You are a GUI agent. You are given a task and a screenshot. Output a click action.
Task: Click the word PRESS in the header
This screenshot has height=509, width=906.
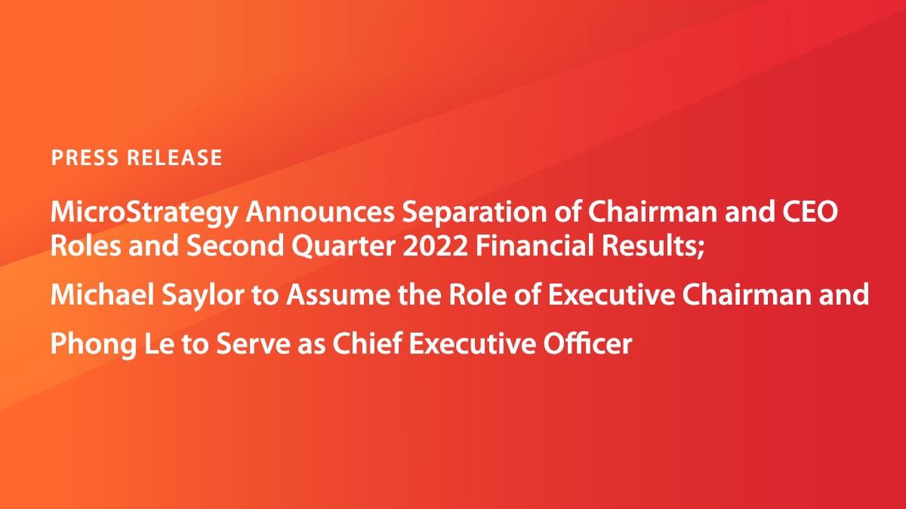[x=84, y=158]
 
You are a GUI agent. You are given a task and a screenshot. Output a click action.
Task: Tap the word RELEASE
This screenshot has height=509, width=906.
[x=174, y=158]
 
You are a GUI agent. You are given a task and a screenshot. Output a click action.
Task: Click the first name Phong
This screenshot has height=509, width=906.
[x=88, y=345]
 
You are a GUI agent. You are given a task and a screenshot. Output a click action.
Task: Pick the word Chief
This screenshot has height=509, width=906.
[x=364, y=344]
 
